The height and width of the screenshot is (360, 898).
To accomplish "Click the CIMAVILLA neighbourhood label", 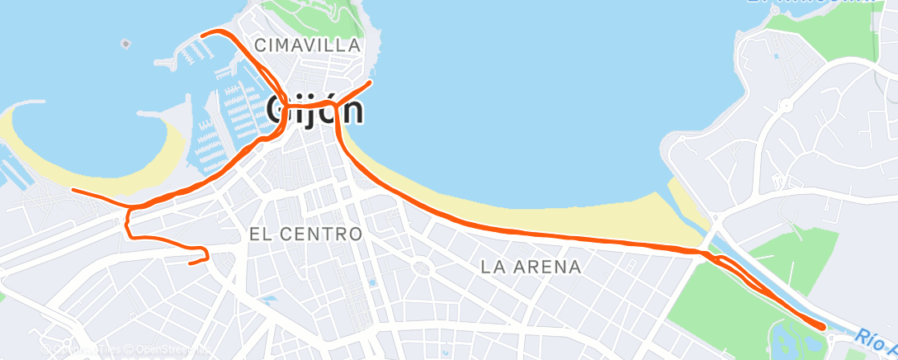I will [308, 45].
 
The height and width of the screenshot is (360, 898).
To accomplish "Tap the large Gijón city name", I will [315, 108].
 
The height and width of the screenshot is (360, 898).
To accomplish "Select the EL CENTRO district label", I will [305, 234].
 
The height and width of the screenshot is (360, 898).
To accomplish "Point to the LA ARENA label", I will [531, 267].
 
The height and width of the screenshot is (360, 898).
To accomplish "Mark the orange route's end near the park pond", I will [822, 327].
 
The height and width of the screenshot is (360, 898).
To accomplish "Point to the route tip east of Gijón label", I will [371, 82].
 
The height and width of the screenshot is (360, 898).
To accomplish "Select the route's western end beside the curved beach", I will [73, 190].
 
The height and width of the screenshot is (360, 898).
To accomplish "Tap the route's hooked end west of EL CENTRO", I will [191, 263].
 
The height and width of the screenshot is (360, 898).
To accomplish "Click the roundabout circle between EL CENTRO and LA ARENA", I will [422, 267].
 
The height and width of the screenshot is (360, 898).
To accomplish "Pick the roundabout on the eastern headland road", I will [785, 105].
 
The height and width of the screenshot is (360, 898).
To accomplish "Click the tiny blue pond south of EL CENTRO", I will [371, 283].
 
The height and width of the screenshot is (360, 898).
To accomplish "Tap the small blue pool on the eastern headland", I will [775, 56].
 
